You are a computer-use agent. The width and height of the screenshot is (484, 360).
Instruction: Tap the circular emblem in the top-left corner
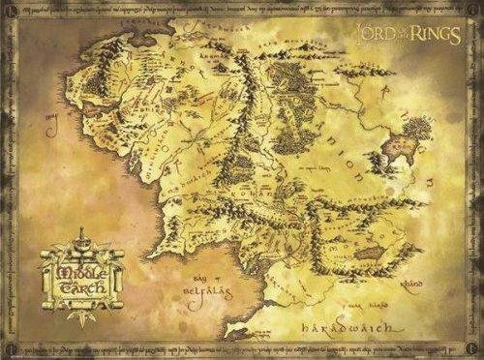[11, 12]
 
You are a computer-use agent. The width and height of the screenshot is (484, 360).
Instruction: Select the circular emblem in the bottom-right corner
[473, 347]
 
